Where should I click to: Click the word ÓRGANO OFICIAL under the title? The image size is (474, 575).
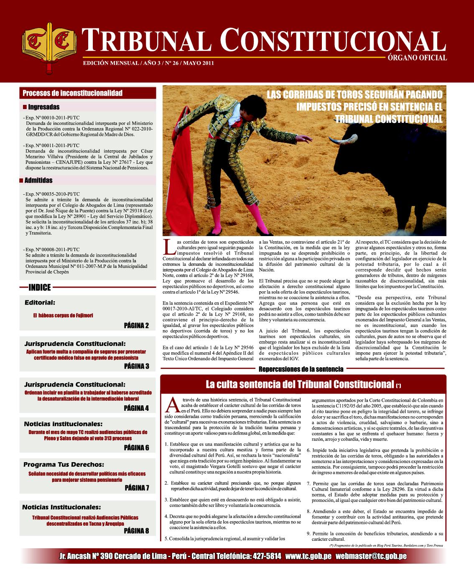[415, 58]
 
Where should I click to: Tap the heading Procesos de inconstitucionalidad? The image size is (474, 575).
[72, 93]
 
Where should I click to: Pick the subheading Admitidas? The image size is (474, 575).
[38, 181]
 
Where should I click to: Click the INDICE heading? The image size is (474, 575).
[40, 287]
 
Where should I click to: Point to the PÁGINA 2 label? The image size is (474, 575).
[136, 326]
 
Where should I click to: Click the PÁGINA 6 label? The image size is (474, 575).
[136, 448]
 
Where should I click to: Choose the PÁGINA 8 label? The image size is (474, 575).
[136, 531]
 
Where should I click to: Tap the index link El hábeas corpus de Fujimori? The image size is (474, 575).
[63, 315]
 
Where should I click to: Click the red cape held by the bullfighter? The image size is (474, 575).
[182, 167]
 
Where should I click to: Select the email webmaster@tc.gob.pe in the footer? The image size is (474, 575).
[371, 557]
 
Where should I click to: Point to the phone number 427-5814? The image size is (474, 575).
[266, 557]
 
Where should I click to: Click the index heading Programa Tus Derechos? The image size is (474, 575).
[64, 464]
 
